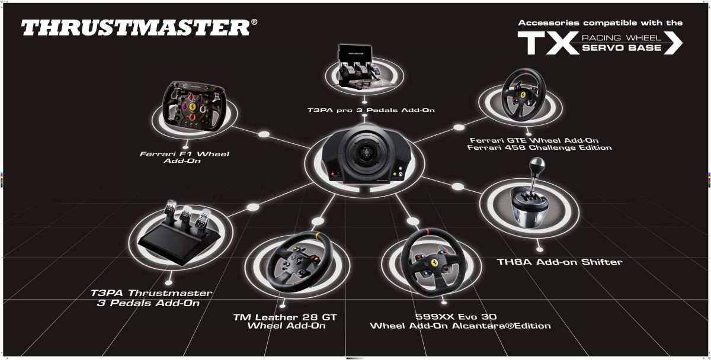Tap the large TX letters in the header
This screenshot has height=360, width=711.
pyautogui.click(x=546, y=43)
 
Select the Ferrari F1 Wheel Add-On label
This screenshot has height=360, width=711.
pyautogui.click(x=184, y=157)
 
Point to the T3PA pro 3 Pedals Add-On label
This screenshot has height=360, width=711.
pyautogui.click(x=372, y=110)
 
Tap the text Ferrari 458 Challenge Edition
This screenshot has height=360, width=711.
pyautogui.click(x=539, y=147)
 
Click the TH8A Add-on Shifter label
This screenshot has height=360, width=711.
pyautogui.click(x=559, y=261)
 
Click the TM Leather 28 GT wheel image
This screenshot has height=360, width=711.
pyautogui.click(x=294, y=262)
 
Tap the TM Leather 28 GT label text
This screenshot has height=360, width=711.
pyautogui.click(x=285, y=317)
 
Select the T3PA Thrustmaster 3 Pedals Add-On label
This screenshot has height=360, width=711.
pyautogui.click(x=152, y=298)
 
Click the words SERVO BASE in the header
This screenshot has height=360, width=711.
pyautogui.click(x=622, y=48)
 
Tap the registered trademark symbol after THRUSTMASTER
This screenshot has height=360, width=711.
pyautogui.click(x=254, y=22)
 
